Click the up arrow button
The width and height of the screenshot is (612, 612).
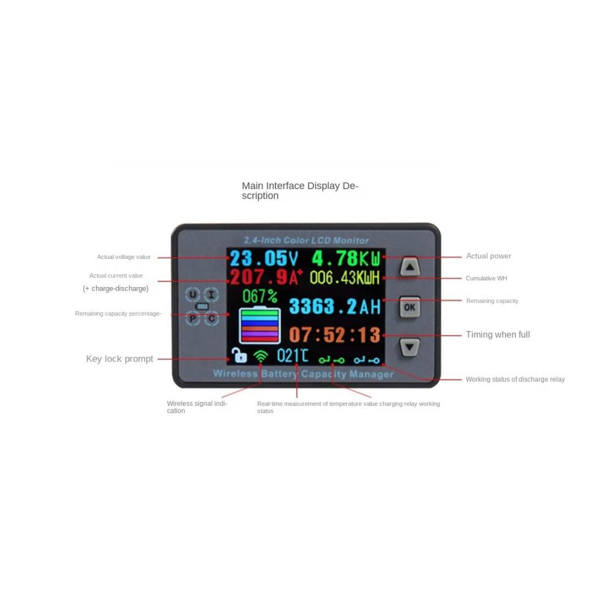(x=409, y=267)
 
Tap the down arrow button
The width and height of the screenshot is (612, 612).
(x=409, y=347)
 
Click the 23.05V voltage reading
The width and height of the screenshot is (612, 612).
(x=264, y=258)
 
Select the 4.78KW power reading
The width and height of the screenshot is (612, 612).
(x=346, y=258)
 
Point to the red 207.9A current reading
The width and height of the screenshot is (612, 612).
(x=266, y=277)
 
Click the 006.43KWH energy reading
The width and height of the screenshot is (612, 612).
(x=345, y=278)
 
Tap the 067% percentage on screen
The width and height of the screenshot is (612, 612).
(x=260, y=296)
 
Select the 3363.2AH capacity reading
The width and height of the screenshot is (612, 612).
(x=335, y=307)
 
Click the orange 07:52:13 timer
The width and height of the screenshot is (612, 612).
(x=335, y=335)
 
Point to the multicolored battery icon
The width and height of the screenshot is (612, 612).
(x=259, y=325)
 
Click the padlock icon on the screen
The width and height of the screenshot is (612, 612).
(x=239, y=356)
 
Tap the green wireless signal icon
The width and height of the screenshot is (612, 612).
(x=261, y=356)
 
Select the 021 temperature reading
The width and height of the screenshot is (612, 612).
(x=293, y=356)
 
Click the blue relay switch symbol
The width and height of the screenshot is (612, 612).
(x=367, y=360)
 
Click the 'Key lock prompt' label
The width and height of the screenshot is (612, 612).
(x=119, y=359)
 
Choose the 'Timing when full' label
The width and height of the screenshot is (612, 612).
(x=498, y=335)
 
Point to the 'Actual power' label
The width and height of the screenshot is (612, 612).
(x=488, y=256)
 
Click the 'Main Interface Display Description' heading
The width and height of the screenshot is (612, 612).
(x=300, y=190)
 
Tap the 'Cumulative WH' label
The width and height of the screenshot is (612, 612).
(x=487, y=278)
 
